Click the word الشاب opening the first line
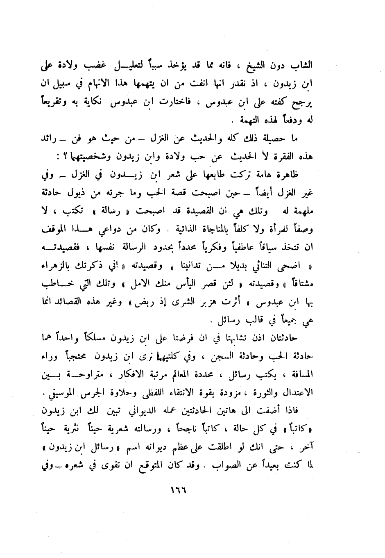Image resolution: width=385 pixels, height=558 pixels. pos(302,65)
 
